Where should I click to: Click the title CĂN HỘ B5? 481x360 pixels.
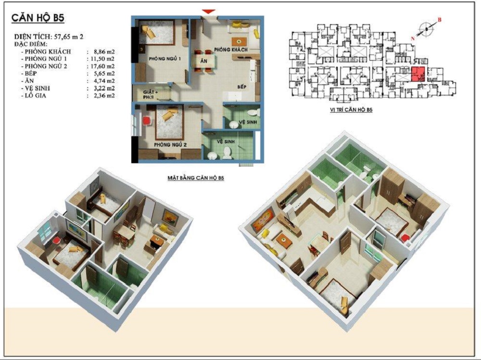point(38,18)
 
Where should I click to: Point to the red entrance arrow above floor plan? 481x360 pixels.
point(209,12)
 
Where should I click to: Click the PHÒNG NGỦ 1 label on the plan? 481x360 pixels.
point(163,59)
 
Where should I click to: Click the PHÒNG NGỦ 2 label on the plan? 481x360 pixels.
point(171,145)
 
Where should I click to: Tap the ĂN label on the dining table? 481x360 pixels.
point(203,61)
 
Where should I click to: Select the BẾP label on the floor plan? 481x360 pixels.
point(242,87)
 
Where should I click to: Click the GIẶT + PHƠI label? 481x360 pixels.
point(150,95)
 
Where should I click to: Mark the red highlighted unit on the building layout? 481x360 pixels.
point(418,74)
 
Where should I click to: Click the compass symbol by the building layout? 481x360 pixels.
point(426,29)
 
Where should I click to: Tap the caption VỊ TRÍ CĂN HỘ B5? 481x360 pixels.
point(351,109)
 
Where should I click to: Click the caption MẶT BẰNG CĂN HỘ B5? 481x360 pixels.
point(196,178)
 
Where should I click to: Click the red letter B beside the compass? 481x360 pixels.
point(439,20)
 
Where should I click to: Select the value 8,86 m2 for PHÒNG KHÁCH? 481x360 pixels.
point(104,51)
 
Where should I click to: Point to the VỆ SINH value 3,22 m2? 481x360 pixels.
point(104,89)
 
